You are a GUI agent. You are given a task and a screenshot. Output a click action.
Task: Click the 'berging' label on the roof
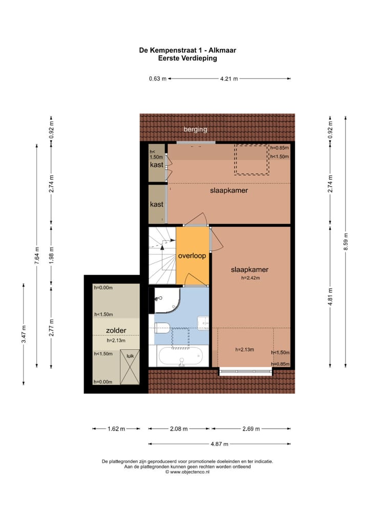[x=195, y=130]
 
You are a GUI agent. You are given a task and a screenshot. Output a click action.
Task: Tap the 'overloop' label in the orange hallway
[x=192, y=256]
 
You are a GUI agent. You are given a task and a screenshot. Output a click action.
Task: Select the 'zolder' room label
[x=116, y=331]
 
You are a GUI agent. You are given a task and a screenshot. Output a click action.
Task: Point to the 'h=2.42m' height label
[x=251, y=278]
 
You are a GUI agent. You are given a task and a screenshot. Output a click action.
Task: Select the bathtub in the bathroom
[x=181, y=356]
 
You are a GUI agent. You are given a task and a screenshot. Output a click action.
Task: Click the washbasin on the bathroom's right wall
[x=203, y=323]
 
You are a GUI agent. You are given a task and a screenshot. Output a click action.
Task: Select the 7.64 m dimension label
[x=37, y=255]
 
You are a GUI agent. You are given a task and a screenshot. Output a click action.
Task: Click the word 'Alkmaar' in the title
[x=221, y=50]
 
